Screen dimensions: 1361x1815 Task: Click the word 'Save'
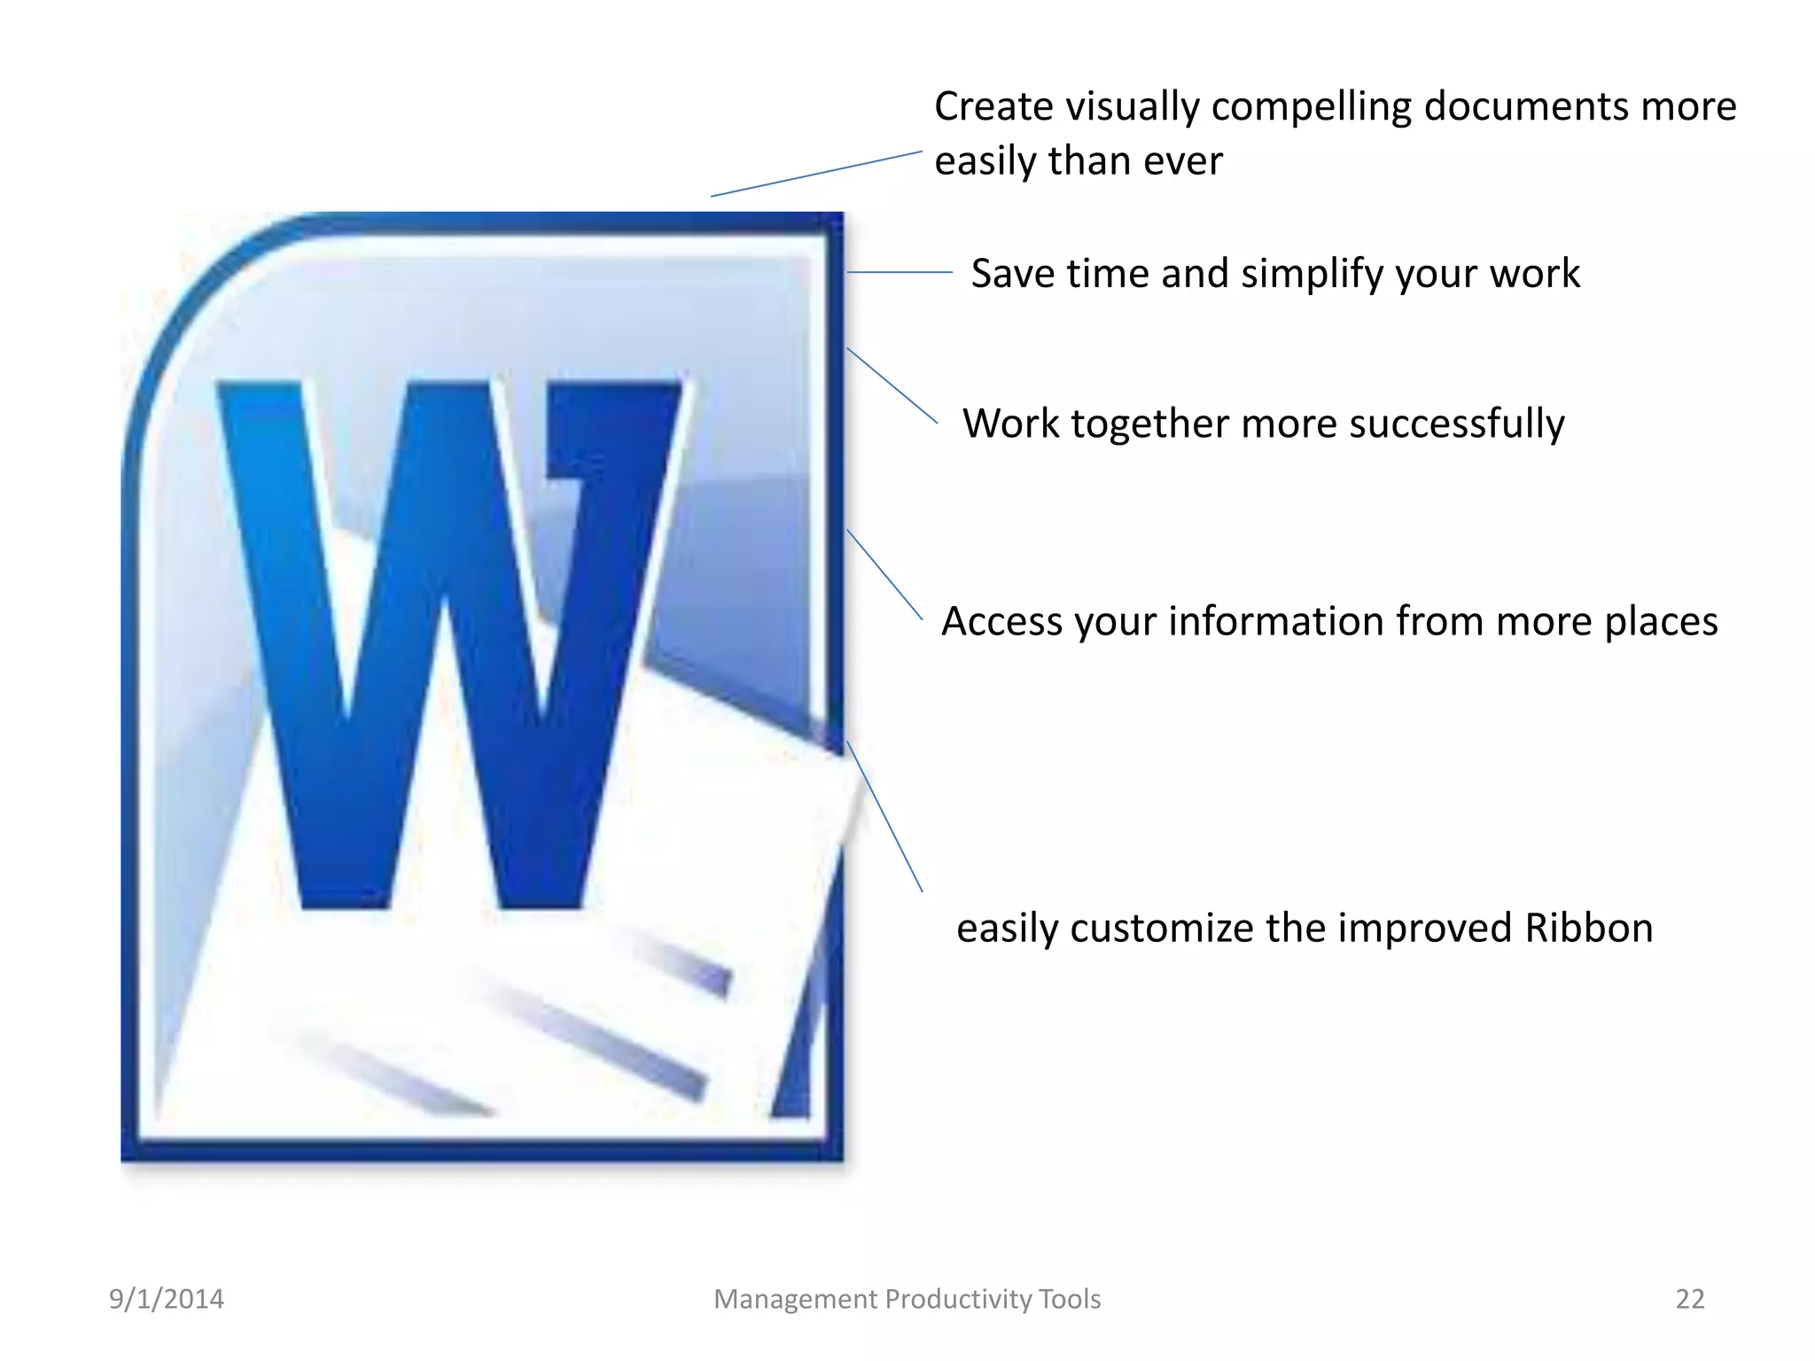[x=1013, y=273]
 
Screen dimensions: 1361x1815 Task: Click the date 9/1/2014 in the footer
[x=167, y=1299]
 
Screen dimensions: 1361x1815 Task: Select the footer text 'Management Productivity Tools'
[x=907, y=1299]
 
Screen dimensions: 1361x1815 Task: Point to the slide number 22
[x=1689, y=1299]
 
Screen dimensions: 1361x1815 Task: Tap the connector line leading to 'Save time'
[x=900, y=272]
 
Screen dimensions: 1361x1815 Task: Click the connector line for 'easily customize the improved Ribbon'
[x=884, y=816]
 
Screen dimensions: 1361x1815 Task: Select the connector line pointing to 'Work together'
[x=892, y=385]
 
